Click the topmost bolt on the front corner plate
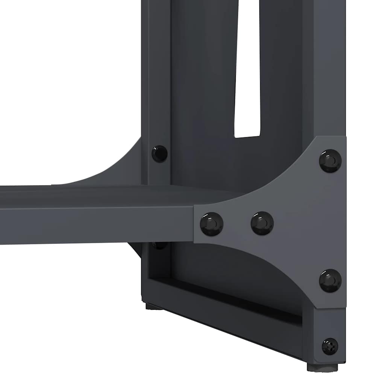coord(330,161)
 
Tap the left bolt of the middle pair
coord(211,224)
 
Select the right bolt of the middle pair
coord(262,223)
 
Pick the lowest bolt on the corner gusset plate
coord(330,280)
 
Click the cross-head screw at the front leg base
coord(330,346)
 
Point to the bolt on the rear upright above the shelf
coord(159,153)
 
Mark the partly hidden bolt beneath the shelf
coord(159,246)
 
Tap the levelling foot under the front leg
coord(322,367)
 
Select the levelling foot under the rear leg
coord(154,307)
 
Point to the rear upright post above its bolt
coord(156,75)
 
